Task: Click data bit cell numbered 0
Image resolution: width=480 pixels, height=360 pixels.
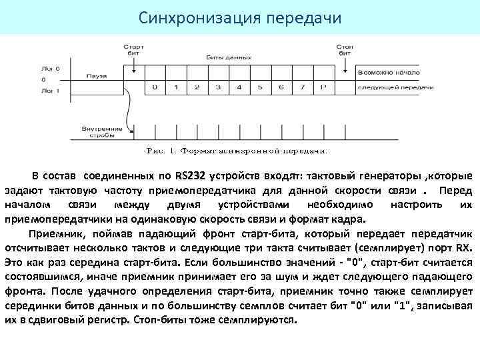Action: [155, 87]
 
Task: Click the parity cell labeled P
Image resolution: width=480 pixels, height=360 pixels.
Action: [323, 87]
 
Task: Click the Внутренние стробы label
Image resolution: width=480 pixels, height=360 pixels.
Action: [101, 131]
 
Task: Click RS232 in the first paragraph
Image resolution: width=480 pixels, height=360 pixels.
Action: [191, 176]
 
